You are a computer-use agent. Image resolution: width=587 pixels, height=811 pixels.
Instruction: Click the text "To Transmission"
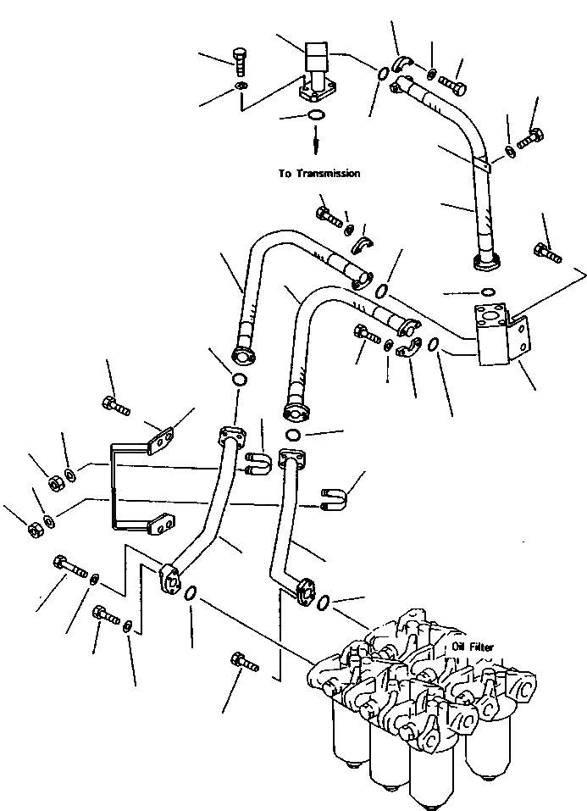click(x=319, y=174)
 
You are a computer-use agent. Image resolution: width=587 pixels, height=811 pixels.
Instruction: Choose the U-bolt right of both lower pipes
click(x=332, y=498)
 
